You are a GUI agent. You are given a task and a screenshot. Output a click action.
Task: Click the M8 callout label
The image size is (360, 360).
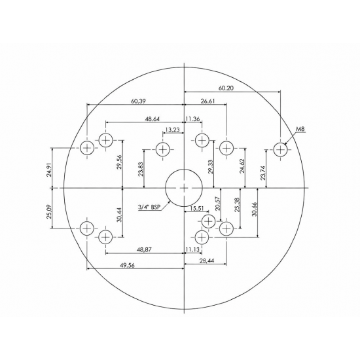(300, 129)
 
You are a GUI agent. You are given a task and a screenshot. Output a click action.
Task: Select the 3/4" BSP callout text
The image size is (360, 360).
(149, 207)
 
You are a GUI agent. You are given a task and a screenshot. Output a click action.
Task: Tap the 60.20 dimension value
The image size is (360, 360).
(226, 88)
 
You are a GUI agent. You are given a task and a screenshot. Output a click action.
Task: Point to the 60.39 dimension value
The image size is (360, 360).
(138, 101)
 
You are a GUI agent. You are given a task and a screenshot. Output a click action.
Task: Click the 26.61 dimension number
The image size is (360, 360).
(207, 101)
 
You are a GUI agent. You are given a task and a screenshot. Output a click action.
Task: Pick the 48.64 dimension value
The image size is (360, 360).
(152, 119)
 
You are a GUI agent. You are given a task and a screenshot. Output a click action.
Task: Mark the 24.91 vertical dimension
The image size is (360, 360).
(49, 170)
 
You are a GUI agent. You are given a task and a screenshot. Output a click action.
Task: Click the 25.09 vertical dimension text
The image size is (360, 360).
(49, 211)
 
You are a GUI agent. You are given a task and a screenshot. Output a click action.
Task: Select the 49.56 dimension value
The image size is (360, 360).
(128, 265)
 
